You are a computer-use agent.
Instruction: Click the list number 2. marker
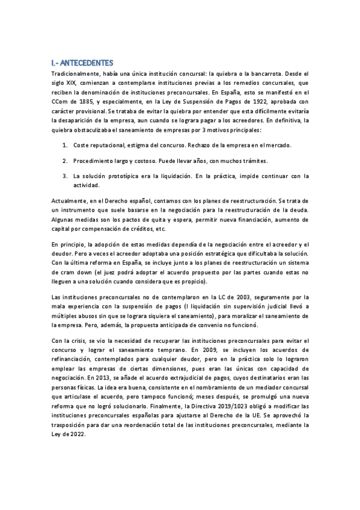coord(65,161)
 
